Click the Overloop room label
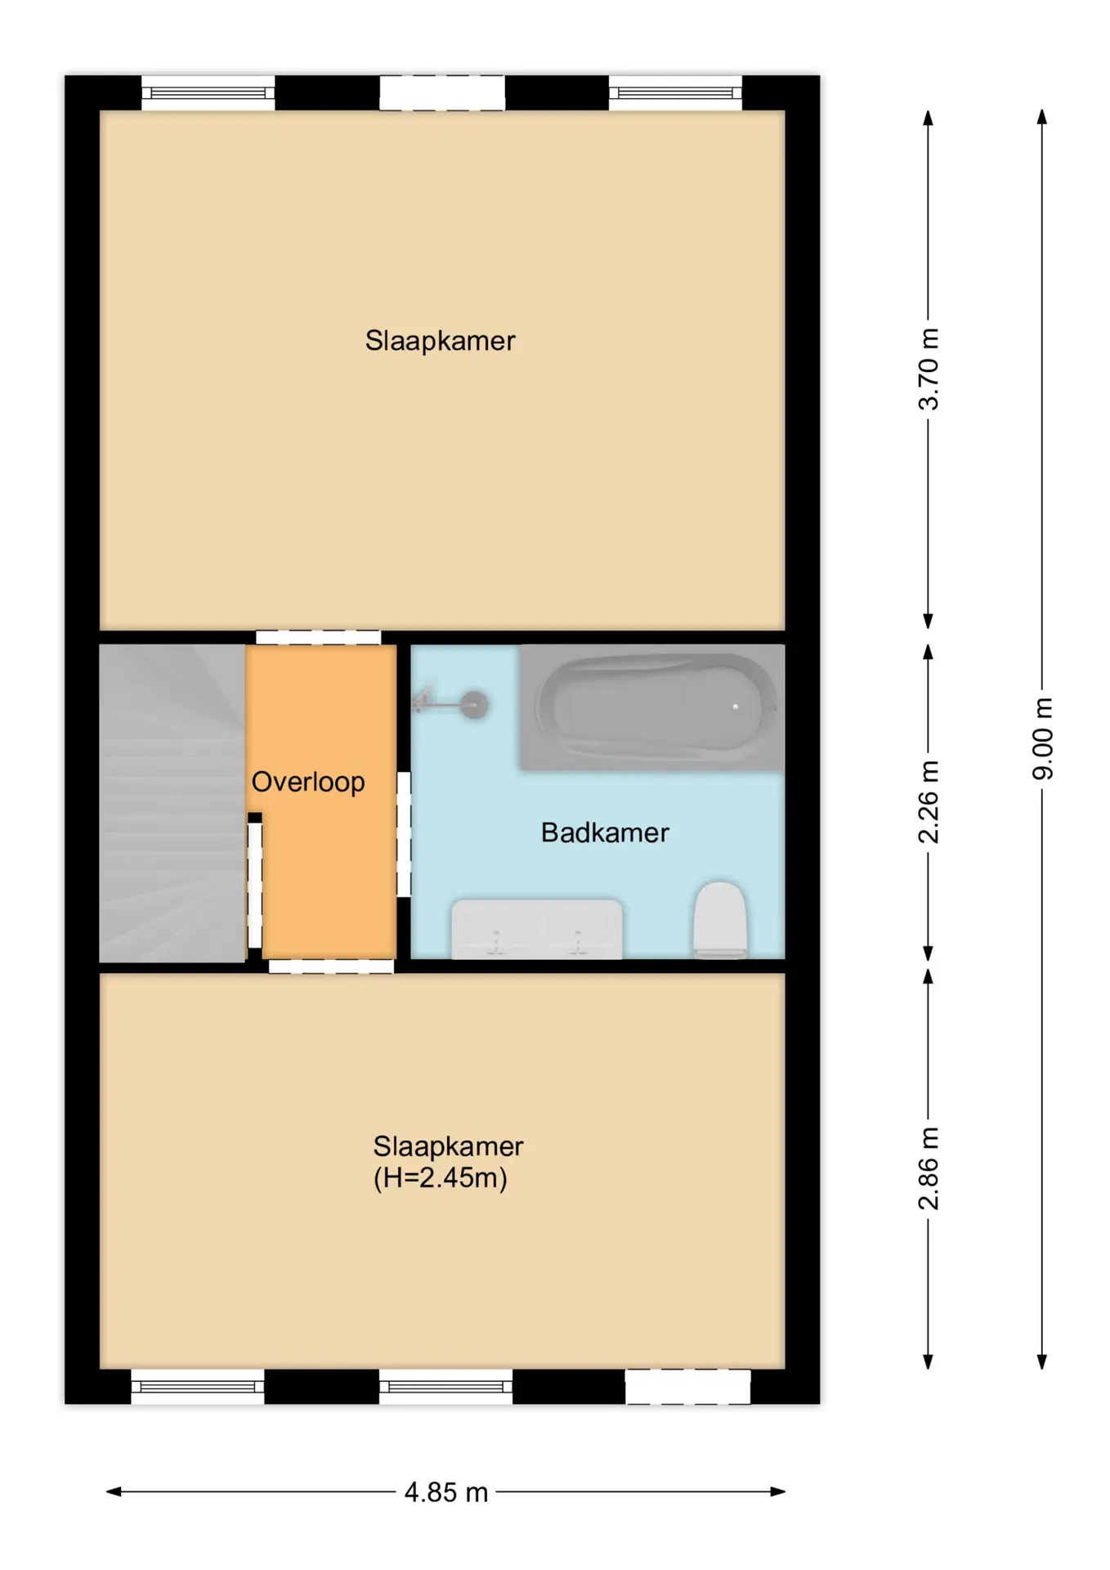pos(308,782)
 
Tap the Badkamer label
pos(605,832)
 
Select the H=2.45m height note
pos(441,1177)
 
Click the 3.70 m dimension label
pos(929,369)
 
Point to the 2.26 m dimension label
pos(929,802)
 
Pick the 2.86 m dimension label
pos(929,1168)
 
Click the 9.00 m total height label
pos(1042,739)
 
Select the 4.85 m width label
pos(446,1492)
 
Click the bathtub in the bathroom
pos(652,707)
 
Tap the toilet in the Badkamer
pos(720,920)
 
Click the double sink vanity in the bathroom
pos(537,929)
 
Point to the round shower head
pos(474,705)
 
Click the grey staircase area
pos(172,803)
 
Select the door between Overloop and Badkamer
pos(404,834)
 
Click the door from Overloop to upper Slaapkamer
pos(318,638)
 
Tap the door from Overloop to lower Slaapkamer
pos(331,967)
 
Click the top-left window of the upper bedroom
pos(208,93)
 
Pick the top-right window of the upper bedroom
pos(675,93)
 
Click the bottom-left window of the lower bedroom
pos(198,1387)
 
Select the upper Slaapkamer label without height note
pos(440,340)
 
